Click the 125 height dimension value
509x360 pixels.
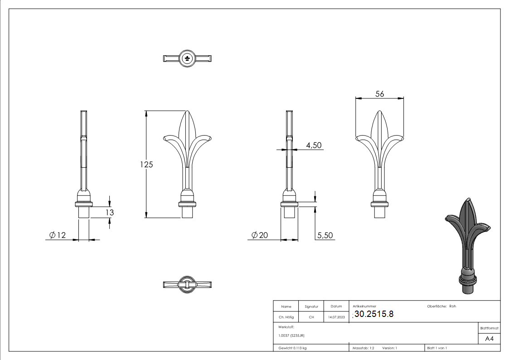point(146,165)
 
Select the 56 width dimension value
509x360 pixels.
point(380,94)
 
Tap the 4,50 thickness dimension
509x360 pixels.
point(314,146)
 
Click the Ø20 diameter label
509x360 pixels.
point(260,235)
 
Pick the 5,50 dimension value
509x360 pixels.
point(325,235)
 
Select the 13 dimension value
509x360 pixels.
point(110,212)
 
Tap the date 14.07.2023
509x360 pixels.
point(336,317)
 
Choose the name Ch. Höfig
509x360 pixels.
point(286,317)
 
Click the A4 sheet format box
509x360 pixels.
point(490,339)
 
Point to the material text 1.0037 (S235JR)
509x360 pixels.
point(291,336)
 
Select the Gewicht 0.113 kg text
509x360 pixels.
point(292,348)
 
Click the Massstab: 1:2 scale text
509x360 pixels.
point(363,348)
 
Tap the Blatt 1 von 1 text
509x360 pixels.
point(437,348)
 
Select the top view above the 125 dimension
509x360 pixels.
point(187,58)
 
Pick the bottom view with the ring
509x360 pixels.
point(187,285)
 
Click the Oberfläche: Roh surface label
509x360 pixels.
point(441,306)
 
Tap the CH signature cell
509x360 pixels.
point(311,317)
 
